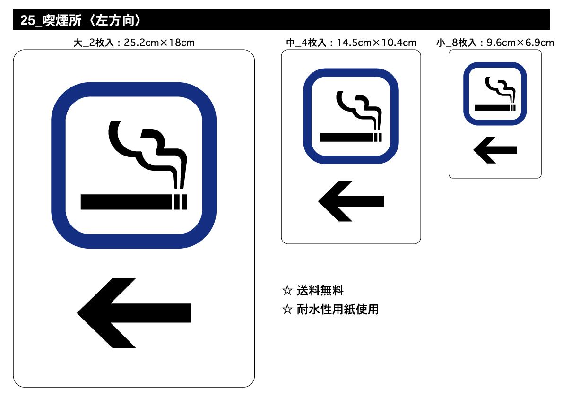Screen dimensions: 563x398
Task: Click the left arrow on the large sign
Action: pos(134,312)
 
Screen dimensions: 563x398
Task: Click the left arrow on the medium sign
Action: pos(351,201)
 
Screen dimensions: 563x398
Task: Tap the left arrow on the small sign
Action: pos(495,150)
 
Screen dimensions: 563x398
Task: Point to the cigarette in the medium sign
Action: pos(350,138)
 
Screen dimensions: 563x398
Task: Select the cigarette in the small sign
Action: pos(494,108)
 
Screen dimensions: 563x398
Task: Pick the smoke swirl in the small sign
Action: pos(500,87)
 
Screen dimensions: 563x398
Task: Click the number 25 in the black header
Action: pos(27,21)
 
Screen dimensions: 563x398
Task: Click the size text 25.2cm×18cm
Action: pos(159,43)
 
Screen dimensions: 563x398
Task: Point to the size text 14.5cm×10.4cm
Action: pos(376,43)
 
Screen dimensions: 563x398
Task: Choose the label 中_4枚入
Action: pos(306,43)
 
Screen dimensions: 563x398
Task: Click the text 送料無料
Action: pos(320,290)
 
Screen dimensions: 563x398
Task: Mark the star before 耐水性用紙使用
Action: pos(286,310)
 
